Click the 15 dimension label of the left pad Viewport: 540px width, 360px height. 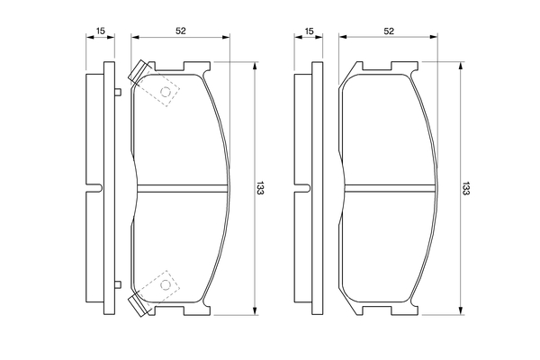pos(100,31)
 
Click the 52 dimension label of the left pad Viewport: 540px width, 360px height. pos(181,31)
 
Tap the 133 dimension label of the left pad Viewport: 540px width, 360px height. pos(260,188)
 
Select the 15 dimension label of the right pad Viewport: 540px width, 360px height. pos(309,31)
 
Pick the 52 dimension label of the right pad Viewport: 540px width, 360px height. pos(389,31)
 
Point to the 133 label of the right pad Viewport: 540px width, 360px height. pos(465,188)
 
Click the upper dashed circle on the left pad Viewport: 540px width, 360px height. pos(166,92)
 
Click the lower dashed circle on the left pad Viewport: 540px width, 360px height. pos(166,284)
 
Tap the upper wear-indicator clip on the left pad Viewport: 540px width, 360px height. pos(139,72)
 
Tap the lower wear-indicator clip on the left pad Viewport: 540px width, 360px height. pos(139,305)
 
